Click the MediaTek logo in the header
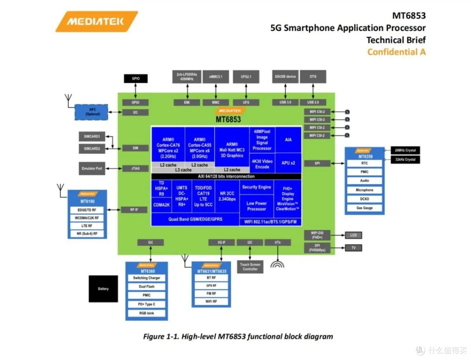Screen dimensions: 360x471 (x=96, y=21)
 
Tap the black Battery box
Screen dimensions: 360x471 (x=103, y=289)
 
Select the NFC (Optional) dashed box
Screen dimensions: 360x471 (x=92, y=112)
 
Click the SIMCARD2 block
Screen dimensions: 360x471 (x=92, y=149)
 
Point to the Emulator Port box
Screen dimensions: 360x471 (x=92, y=168)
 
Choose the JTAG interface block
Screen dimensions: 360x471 (x=135, y=168)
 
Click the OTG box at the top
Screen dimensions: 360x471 (x=313, y=77)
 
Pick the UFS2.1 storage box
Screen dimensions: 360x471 (x=246, y=77)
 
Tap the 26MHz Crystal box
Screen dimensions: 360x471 (x=405, y=151)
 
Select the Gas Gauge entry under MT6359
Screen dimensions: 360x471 (x=365, y=208)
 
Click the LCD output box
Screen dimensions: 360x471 (x=353, y=236)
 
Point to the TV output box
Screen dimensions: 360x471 (x=353, y=248)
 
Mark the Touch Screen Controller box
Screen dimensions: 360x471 (x=250, y=267)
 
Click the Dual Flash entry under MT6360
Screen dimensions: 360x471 (x=147, y=287)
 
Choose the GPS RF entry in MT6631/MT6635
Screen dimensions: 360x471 (x=211, y=286)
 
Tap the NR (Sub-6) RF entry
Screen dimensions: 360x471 (x=87, y=234)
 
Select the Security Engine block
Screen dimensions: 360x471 (x=256, y=187)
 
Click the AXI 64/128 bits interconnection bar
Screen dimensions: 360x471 (x=226, y=176)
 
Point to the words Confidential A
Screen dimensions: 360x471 (x=396, y=52)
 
